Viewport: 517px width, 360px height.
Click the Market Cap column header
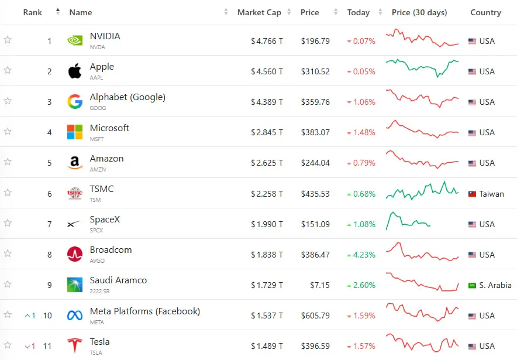click(x=259, y=12)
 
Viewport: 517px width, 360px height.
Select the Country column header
click(x=485, y=12)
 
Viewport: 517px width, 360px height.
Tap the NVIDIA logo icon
click(x=75, y=40)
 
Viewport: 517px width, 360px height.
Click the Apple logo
click(x=75, y=71)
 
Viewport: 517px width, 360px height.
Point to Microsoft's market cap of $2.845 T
click(x=267, y=132)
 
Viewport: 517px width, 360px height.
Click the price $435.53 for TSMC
click(x=315, y=194)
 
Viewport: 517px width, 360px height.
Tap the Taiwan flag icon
click(x=472, y=194)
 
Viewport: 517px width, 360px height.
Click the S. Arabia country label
click(x=495, y=285)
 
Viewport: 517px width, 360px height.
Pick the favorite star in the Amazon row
click(x=8, y=162)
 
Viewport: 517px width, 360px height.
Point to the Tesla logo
click(x=75, y=345)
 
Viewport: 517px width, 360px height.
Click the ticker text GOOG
click(x=98, y=108)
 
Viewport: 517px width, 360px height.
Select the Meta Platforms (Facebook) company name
click(x=145, y=311)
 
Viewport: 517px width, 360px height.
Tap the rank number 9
click(x=50, y=285)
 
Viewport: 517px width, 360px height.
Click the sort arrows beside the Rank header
click(x=58, y=12)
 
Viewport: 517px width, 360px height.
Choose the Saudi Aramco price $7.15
click(x=320, y=285)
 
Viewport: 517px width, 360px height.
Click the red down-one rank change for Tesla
click(x=30, y=346)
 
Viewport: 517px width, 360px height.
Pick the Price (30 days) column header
click(x=419, y=12)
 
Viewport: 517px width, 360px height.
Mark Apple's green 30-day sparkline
click(x=422, y=68)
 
